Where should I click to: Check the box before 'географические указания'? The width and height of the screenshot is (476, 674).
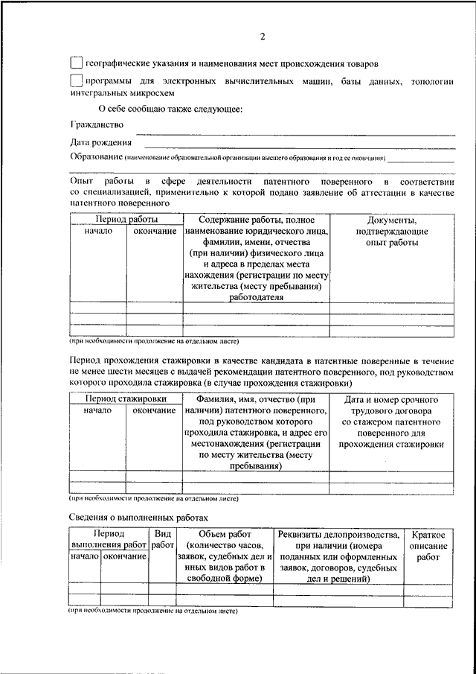click(75, 63)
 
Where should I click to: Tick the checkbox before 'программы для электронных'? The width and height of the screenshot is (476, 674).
click(75, 80)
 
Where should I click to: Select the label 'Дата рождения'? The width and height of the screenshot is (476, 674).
click(101, 142)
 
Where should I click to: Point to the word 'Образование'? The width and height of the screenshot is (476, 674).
click(96, 157)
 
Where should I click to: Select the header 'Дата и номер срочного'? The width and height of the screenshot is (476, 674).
click(392, 399)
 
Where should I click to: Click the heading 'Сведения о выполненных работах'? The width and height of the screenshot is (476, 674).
click(139, 517)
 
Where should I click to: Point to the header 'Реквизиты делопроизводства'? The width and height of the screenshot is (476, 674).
click(338, 534)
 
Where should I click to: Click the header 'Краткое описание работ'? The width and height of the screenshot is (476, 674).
click(428, 545)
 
